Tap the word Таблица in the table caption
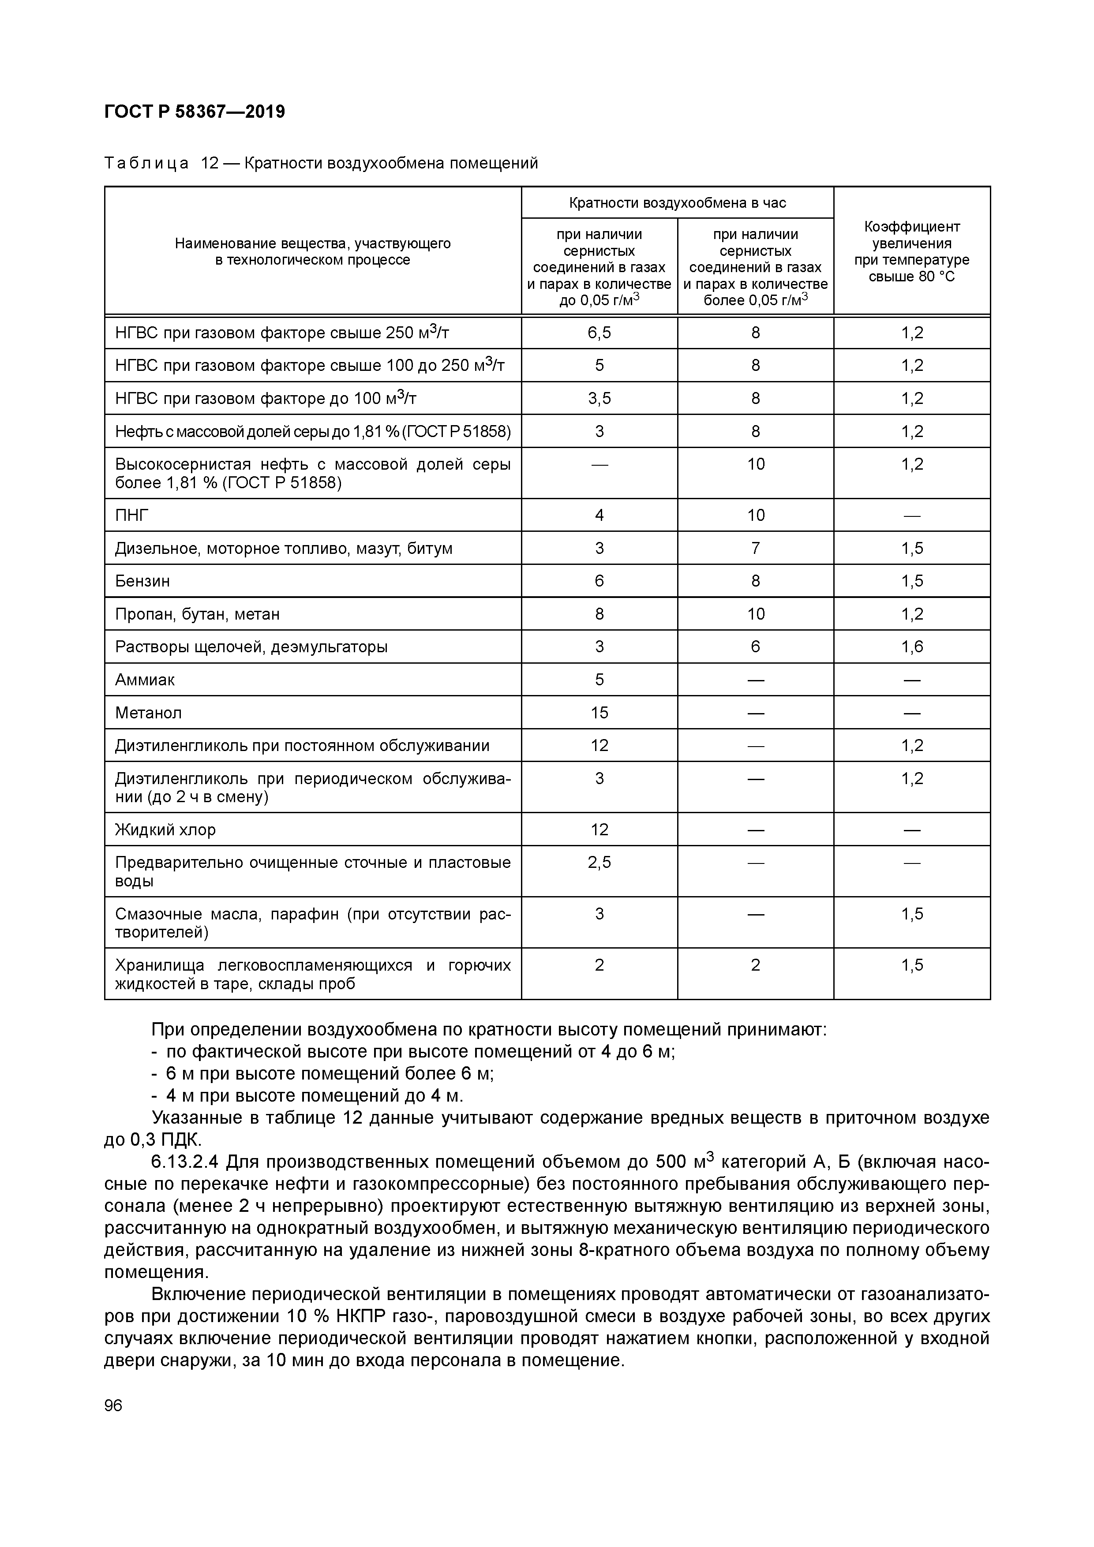(x=146, y=164)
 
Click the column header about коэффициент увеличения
(x=911, y=251)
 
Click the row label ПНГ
(x=131, y=516)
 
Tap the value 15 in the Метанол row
(x=599, y=713)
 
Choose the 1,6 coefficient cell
(x=911, y=647)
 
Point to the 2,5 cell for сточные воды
(x=599, y=863)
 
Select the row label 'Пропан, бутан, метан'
(x=197, y=614)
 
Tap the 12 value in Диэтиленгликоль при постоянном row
(x=599, y=746)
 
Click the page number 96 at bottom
(x=113, y=1405)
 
